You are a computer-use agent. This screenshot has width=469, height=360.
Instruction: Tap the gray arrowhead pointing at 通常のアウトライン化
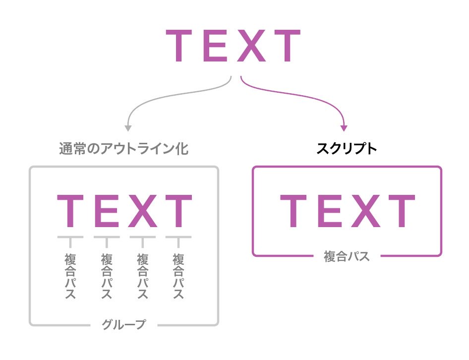coord(127,128)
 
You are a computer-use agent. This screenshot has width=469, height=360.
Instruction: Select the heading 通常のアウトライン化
coord(123,149)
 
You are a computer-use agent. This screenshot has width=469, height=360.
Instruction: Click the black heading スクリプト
coord(347,149)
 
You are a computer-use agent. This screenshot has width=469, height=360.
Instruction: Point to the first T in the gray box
coord(70,212)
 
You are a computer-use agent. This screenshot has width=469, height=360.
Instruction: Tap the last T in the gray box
coord(178,212)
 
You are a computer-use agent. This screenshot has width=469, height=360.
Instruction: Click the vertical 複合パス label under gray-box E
coord(106,276)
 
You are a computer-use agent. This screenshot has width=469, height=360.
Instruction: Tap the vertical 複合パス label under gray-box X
coord(143,276)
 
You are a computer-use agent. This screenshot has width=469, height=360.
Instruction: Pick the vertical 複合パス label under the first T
coord(70,276)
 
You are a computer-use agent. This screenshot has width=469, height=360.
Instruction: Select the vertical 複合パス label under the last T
coord(178,276)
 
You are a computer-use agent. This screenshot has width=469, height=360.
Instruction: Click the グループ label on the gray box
coord(124,325)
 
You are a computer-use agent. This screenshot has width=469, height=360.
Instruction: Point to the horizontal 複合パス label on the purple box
coord(347,257)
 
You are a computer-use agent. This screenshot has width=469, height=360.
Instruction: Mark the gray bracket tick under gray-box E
coord(106,240)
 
